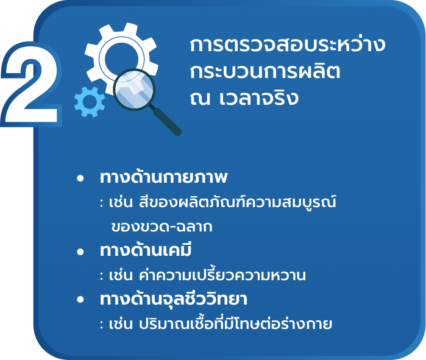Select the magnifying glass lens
pos(134,90)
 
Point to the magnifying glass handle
pos(166,121)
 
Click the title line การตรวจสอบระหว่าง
pos(288,44)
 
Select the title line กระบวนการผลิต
pos(265,71)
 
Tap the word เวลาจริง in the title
pos(259,98)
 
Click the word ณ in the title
pos(201,99)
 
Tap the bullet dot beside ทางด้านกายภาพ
pos(80,178)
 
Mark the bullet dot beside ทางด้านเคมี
pos(80,252)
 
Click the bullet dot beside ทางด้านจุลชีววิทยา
pos(80,300)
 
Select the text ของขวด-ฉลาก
pos(162,227)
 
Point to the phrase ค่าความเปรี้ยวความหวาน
pos(222,274)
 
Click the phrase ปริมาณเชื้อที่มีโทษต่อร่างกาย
pos(235,323)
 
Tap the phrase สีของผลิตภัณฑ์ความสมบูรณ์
pos(238,202)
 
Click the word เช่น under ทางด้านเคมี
pos(121,275)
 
